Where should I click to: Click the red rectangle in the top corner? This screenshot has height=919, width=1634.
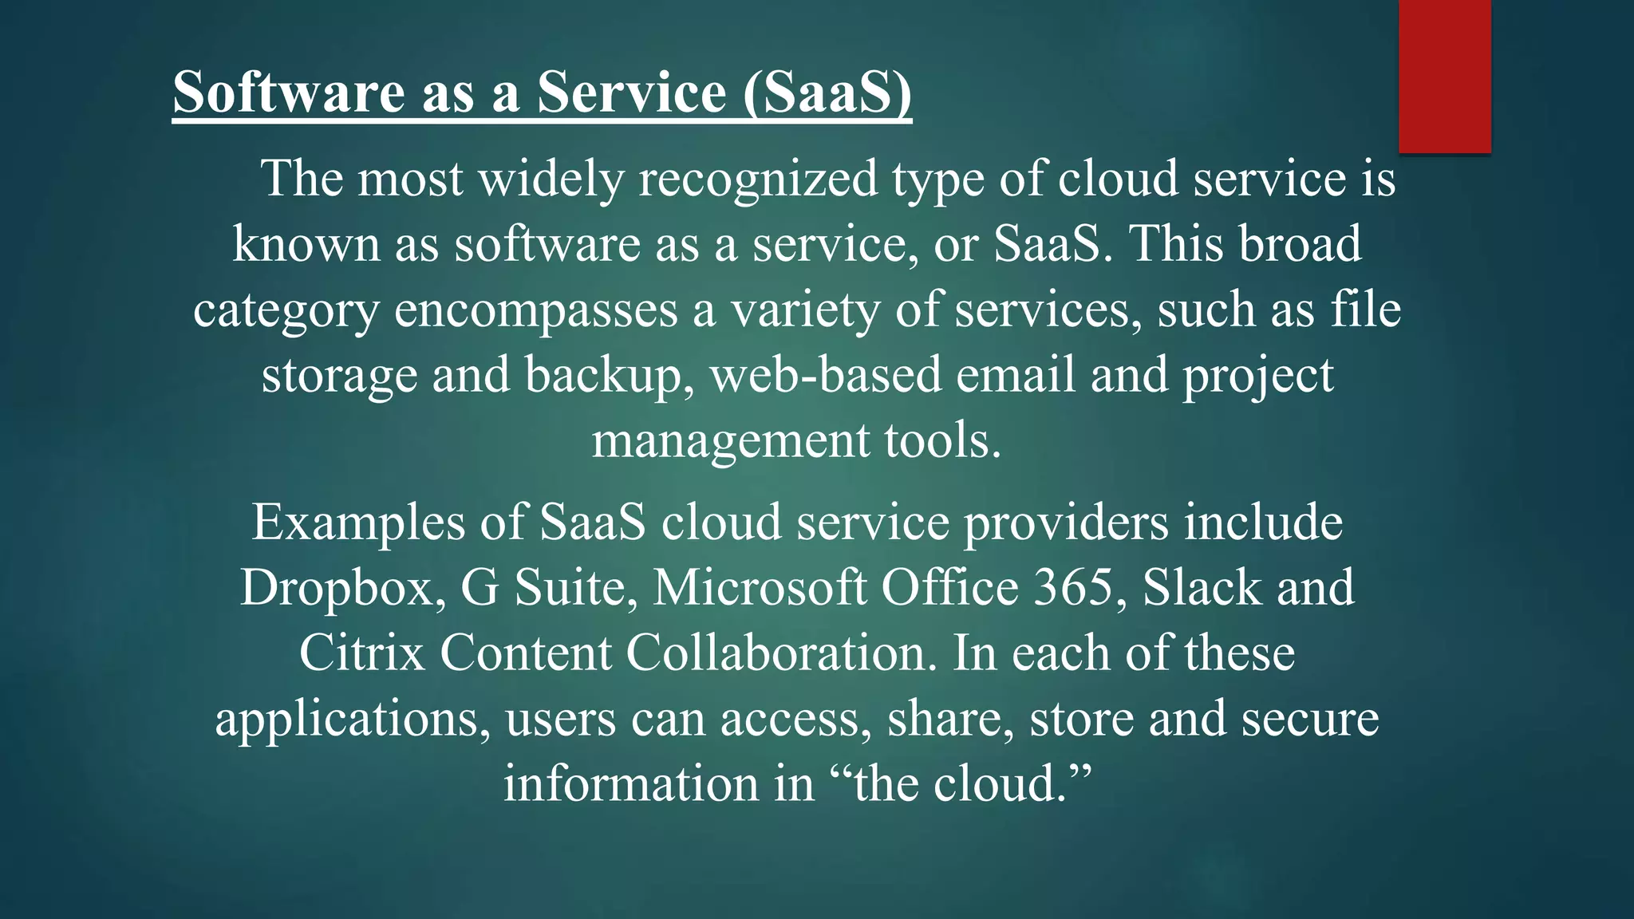coord(1444,76)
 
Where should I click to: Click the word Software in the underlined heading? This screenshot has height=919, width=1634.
coord(290,93)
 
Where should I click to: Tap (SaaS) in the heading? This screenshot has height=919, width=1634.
coord(827,93)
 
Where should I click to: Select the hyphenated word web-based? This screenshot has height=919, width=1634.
coord(826,375)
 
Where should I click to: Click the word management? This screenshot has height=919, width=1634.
coord(730,440)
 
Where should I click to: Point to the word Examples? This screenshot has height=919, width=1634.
coord(358,523)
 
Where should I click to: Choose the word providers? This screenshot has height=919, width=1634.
coord(1066,523)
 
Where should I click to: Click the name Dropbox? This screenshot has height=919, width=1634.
coord(342,589)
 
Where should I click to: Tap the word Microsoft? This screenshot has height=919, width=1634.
coord(760,589)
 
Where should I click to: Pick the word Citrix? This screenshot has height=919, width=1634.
coord(362,654)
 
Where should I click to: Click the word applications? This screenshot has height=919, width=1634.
coord(352,720)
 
